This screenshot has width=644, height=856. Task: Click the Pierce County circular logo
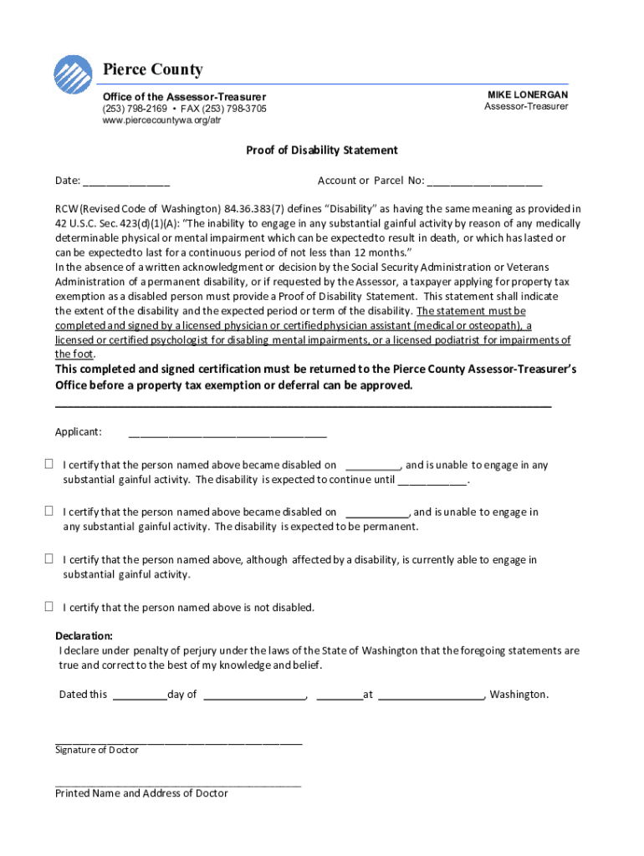click(73, 74)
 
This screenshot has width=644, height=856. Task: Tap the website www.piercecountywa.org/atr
click(156, 120)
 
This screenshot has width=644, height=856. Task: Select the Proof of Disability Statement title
click(321, 150)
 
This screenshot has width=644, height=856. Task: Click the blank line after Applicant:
click(227, 434)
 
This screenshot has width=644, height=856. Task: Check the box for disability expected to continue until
click(49, 465)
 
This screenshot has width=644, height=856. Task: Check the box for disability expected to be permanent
click(49, 512)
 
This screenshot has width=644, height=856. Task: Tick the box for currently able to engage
click(49, 559)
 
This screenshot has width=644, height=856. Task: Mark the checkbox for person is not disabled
click(49, 607)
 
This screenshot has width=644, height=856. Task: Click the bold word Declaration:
click(84, 636)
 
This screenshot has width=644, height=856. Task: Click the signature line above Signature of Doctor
click(178, 740)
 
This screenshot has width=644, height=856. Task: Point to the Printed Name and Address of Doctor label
click(141, 793)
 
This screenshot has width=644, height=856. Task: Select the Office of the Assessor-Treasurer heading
click(184, 97)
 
